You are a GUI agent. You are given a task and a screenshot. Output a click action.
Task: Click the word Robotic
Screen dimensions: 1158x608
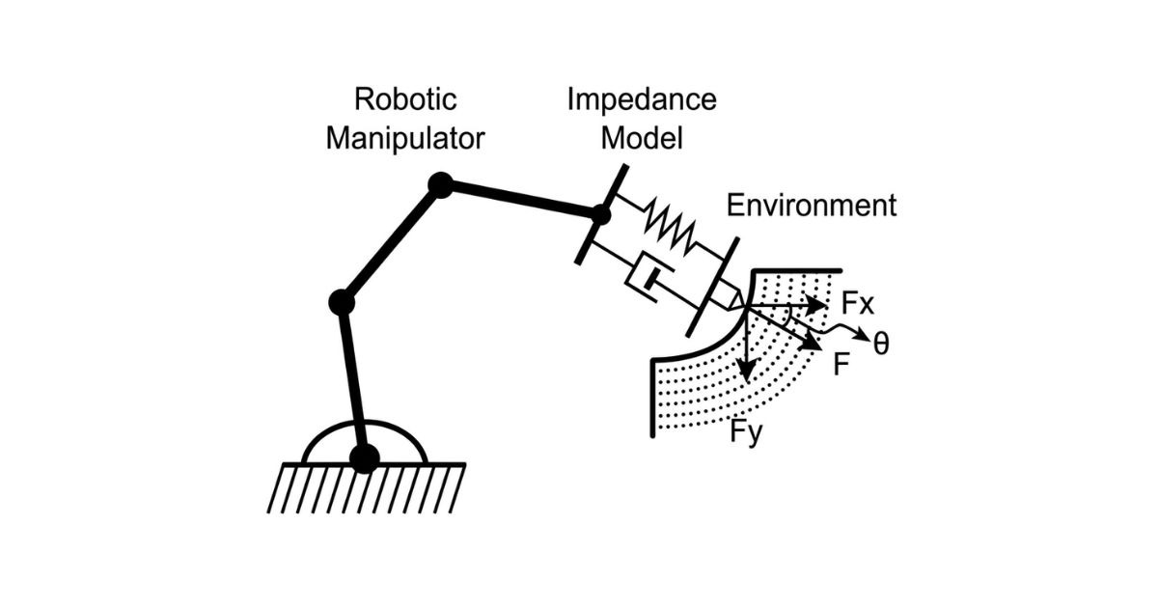[405, 98]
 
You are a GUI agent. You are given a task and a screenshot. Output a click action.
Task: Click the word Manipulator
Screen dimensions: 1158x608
[405, 139]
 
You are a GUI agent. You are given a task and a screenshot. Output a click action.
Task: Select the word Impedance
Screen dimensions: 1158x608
[642, 100]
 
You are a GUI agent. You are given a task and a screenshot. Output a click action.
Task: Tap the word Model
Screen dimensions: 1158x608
[642, 138]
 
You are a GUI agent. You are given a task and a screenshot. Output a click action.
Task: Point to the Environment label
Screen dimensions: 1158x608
[812, 206]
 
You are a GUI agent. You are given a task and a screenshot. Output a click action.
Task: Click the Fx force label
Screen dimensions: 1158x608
[857, 303]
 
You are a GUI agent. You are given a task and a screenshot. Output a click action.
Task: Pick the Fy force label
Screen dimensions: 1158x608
[746, 431]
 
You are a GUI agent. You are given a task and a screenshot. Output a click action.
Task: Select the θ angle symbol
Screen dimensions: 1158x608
[881, 343]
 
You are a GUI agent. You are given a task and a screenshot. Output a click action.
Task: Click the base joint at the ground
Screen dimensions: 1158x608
[365, 458]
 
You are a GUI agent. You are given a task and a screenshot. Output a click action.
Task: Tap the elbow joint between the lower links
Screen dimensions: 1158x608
[342, 302]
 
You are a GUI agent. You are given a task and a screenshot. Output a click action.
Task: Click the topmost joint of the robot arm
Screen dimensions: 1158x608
[440, 185]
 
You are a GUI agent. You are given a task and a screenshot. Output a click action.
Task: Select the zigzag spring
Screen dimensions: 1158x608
[670, 227]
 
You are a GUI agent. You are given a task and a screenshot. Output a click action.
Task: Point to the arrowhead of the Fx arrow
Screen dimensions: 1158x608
[816, 305]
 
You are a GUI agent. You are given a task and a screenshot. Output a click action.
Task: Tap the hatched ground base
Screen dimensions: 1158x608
[366, 488]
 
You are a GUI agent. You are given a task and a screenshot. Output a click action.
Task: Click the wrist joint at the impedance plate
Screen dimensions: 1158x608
[600, 214]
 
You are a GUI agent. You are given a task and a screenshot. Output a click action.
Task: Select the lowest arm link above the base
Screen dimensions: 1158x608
[353, 380]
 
